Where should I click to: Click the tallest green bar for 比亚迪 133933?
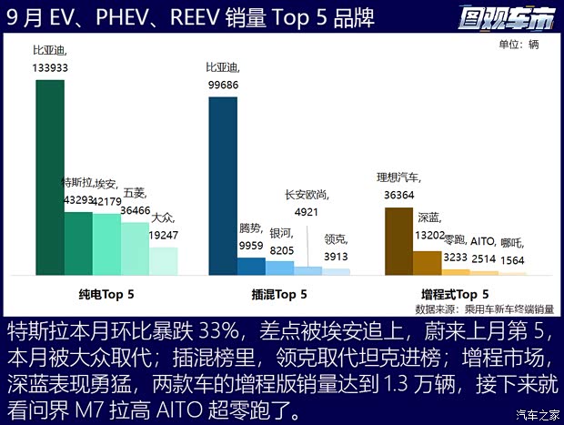(50, 177)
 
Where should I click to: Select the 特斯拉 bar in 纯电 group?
(78, 243)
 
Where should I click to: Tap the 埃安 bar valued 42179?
(106, 244)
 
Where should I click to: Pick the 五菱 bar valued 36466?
(135, 248)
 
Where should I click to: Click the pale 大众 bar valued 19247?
(163, 261)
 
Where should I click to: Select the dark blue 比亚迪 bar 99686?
(223, 186)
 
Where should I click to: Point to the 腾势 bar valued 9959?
(251, 266)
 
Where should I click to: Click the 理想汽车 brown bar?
(398, 241)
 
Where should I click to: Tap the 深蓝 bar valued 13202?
(427, 262)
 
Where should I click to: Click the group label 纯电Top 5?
(107, 295)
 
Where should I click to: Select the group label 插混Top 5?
(279, 295)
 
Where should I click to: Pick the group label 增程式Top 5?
(455, 295)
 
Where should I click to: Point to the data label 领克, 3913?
(336, 248)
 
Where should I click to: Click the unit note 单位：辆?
(519, 45)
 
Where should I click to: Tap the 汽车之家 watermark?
(537, 416)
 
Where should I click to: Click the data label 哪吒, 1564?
(511, 249)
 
